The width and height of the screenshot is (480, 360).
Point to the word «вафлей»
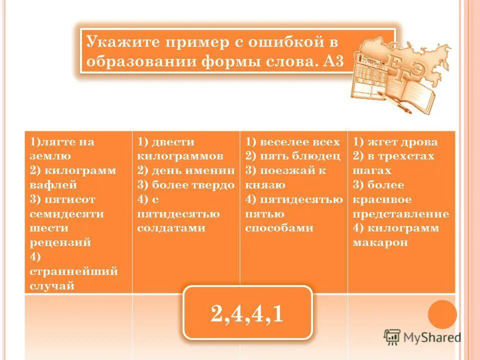(x=53, y=185)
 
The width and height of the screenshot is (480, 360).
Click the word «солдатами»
(x=171, y=228)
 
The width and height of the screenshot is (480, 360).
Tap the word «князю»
(x=265, y=185)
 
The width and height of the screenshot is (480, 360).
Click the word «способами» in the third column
(x=279, y=228)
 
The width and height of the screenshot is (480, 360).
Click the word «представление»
(x=401, y=214)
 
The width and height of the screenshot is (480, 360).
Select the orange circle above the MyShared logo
(x=442, y=314)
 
